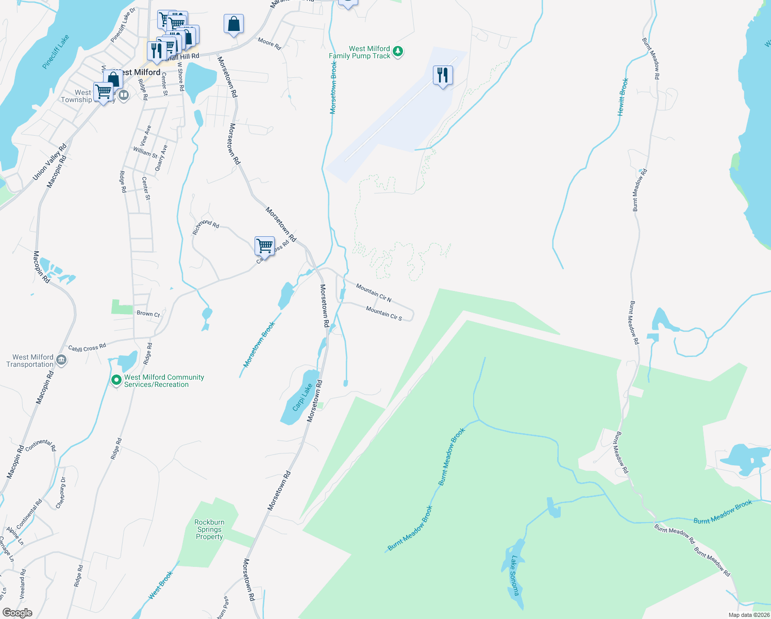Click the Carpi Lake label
click(x=303, y=397)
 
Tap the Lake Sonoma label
click(x=514, y=575)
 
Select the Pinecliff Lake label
click(x=56, y=52)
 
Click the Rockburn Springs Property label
click(x=209, y=529)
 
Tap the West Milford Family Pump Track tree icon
click(x=397, y=52)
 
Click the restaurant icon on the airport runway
click(x=443, y=75)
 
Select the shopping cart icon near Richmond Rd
click(x=264, y=246)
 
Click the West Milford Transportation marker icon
click(x=61, y=360)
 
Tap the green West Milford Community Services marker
click(x=116, y=380)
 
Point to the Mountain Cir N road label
click(x=374, y=292)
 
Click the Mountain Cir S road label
click(x=384, y=313)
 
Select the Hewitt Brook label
click(x=623, y=96)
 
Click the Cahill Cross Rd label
click(x=87, y=348)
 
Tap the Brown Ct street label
click(x=148, y=314)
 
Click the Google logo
click(x=18, y=613)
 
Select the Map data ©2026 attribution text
click(x=748, y=615)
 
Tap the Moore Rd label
click(x=270, y=44)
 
